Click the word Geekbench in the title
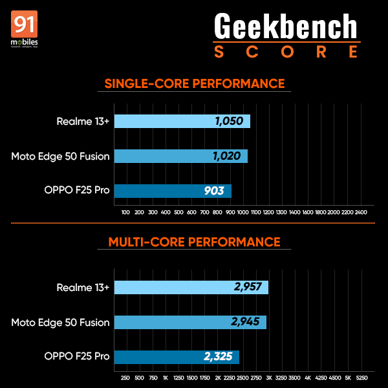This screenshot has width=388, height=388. pos(285,28)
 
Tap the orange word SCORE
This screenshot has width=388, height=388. pos(285,51)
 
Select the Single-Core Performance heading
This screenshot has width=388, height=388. pos(195,83)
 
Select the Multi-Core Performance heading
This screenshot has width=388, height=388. pos(195,242)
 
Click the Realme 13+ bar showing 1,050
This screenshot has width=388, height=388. pos(182,121)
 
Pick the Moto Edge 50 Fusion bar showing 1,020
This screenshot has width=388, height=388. pos(180,156)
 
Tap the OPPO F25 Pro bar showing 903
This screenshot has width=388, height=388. pos(173,191)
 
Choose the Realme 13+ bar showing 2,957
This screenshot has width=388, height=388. pos(191,288)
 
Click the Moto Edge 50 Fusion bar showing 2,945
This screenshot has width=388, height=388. pos(190,322)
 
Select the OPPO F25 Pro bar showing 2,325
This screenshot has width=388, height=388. pos(177,357)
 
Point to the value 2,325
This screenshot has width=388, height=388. pos(219,357)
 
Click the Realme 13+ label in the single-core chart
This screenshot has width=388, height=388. pos(83,121)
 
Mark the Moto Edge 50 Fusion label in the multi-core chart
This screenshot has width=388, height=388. pos(61,322)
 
